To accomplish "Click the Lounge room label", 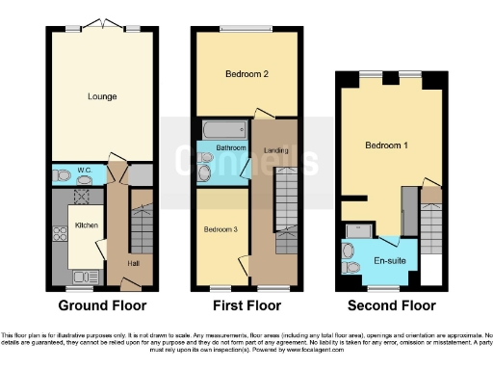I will (x=101, y=96).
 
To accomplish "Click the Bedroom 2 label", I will (x=246, y=74).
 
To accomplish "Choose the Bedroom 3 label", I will (x=221, y=229).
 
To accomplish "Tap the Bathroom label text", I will (x=231, y=148).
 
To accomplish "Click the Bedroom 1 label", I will (x=386, y=145).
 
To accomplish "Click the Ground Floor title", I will (x=103, y=306).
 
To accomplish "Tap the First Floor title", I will (x=246, y=306).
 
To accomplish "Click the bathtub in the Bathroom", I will (x=222, y=129).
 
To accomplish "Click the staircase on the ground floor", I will (x=141, y=231).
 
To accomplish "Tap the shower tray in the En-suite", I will (x=359, y=228).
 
